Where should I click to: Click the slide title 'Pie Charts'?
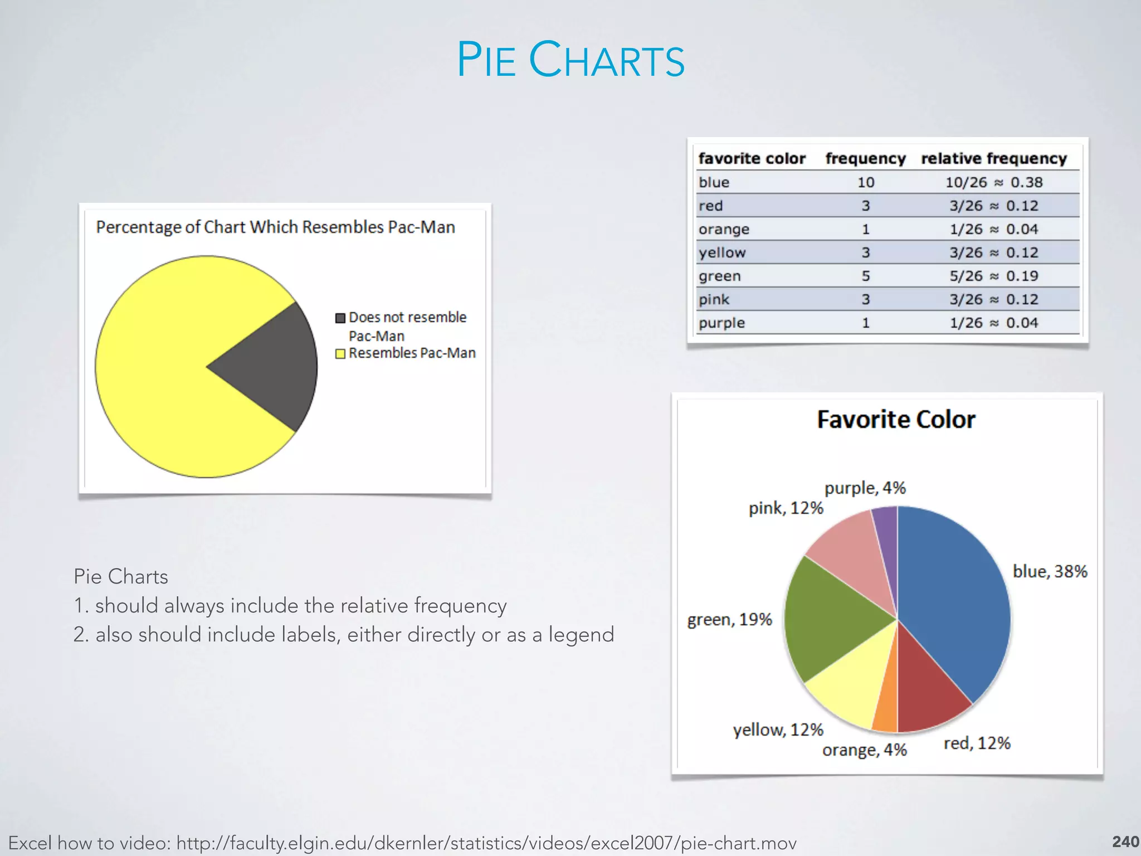pos(570,60)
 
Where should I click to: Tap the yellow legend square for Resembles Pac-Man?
pos(340,354)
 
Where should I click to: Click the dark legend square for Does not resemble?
pos(340,318)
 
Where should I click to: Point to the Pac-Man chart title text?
pos(275,227)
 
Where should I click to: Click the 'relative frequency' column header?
pos(994,159)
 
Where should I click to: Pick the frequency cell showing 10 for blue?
pos(866,182)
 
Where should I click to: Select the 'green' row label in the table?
pos(720,276)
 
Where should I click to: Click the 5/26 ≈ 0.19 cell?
pos(994,276)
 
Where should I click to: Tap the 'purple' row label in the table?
pos(721,323)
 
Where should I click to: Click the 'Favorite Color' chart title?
pos(896,420)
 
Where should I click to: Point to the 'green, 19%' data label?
pos(729,620)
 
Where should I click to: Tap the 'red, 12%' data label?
pos(977,743)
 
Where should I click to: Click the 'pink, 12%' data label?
pos(786,508)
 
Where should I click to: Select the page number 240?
pos(1125,842)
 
